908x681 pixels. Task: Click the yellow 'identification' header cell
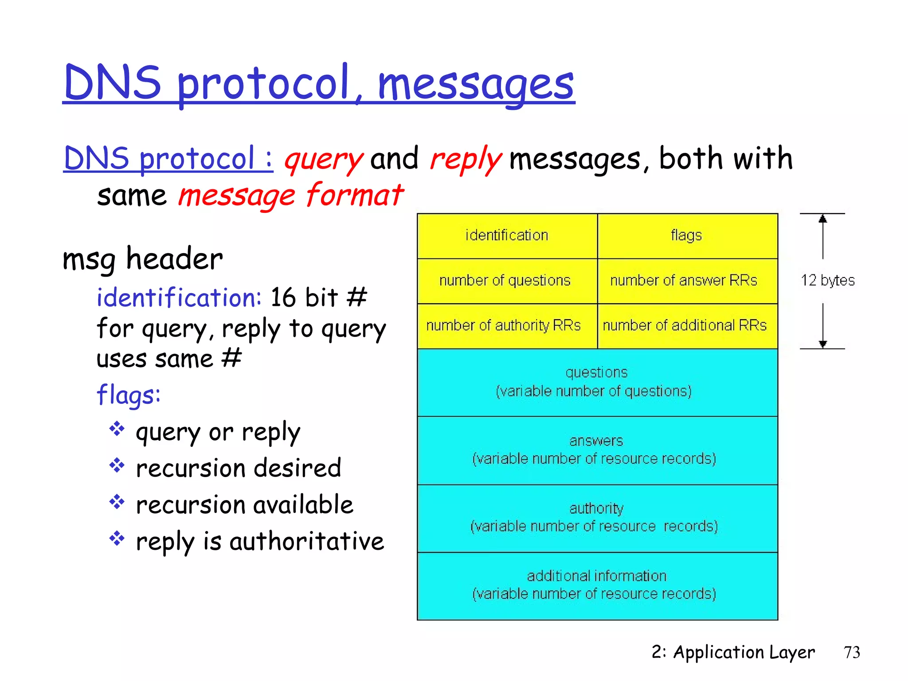pyautogui.click(x=507, y=235)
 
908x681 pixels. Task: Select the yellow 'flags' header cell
pyautogui.click(x=687, y=235)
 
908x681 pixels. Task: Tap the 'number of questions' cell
pyautogui.click(x=505, y=281)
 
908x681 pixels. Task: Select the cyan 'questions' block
pyautogui.click(x=596, y=382)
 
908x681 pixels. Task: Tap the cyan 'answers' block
pyautogui.click(x=596, y=450)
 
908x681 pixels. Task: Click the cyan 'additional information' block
pyautogui.click(x=596, y=585)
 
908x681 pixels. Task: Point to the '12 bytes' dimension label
pyautogui.click(x=827, y=281)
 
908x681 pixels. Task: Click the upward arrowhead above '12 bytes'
pyautogui.click(x=823, y=219)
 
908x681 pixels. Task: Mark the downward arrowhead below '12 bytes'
pyautogui.click(x=823, y=344)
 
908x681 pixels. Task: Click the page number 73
pyautogui.click(x=852, y=653)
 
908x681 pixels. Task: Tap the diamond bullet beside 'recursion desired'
pyautogui.click(x=117, y=465)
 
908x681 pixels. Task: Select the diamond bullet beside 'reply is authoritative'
pyautogui.click(x=117, y=538)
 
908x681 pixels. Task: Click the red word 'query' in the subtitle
pyautogui.click(x=323, y=160)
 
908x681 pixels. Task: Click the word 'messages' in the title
pyautogui.click(x=476, y=84)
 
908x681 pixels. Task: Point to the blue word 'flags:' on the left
pyautogui.click(x=128, y=395)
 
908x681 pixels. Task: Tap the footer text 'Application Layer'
pyautogui.click(x=744, y=653)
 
